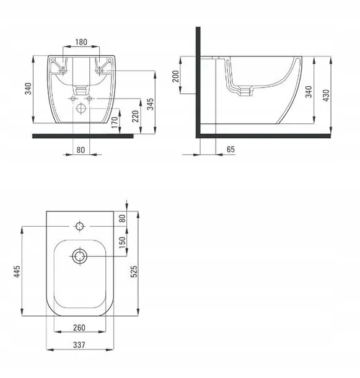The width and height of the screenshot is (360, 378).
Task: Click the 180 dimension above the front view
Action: (x=81, y=42)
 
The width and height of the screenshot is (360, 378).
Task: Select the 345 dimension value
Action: (x=150, y=104)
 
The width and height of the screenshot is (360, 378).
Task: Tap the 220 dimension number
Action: (x=136, y=116)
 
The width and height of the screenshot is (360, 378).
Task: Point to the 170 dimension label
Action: (x=115, y=122)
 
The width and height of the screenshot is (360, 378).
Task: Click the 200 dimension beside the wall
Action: (x=176, y=76)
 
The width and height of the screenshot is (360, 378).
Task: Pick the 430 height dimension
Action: (x=326, y=95)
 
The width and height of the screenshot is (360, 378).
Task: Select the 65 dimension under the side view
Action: (x=230, y=149)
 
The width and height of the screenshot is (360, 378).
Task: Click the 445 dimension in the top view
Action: (x=17, y=271)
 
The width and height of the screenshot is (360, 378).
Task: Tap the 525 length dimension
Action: (x=134, y=271)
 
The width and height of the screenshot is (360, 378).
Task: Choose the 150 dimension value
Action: (x=123, y=242)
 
